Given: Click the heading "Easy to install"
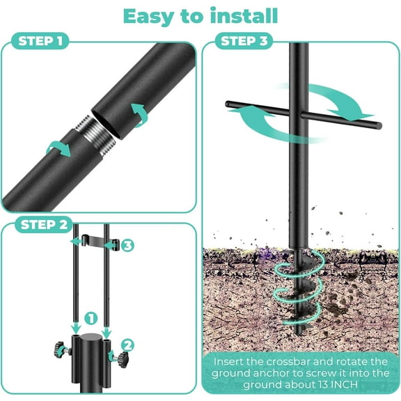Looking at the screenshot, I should click(200, 15).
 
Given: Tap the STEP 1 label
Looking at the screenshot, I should click(41, 42).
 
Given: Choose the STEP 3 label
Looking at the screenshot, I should click(244, 42).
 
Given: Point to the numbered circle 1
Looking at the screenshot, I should click(90, 319).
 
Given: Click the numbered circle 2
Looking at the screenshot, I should click(127, 343).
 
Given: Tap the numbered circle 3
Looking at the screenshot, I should click(127, 245).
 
